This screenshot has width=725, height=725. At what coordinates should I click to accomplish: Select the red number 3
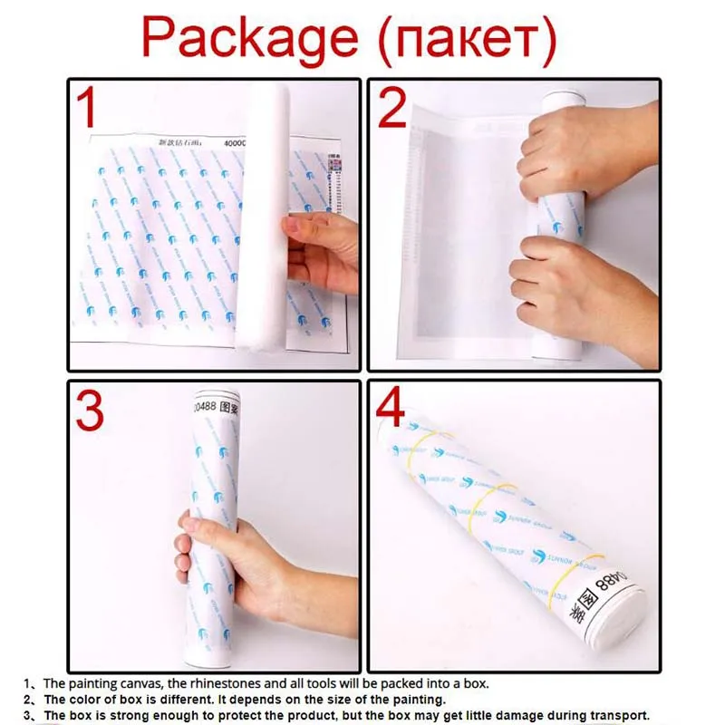point(89,410)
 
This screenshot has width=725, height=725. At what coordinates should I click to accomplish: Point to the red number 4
point(391,409)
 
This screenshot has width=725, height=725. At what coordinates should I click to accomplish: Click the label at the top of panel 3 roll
point(216,406)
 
